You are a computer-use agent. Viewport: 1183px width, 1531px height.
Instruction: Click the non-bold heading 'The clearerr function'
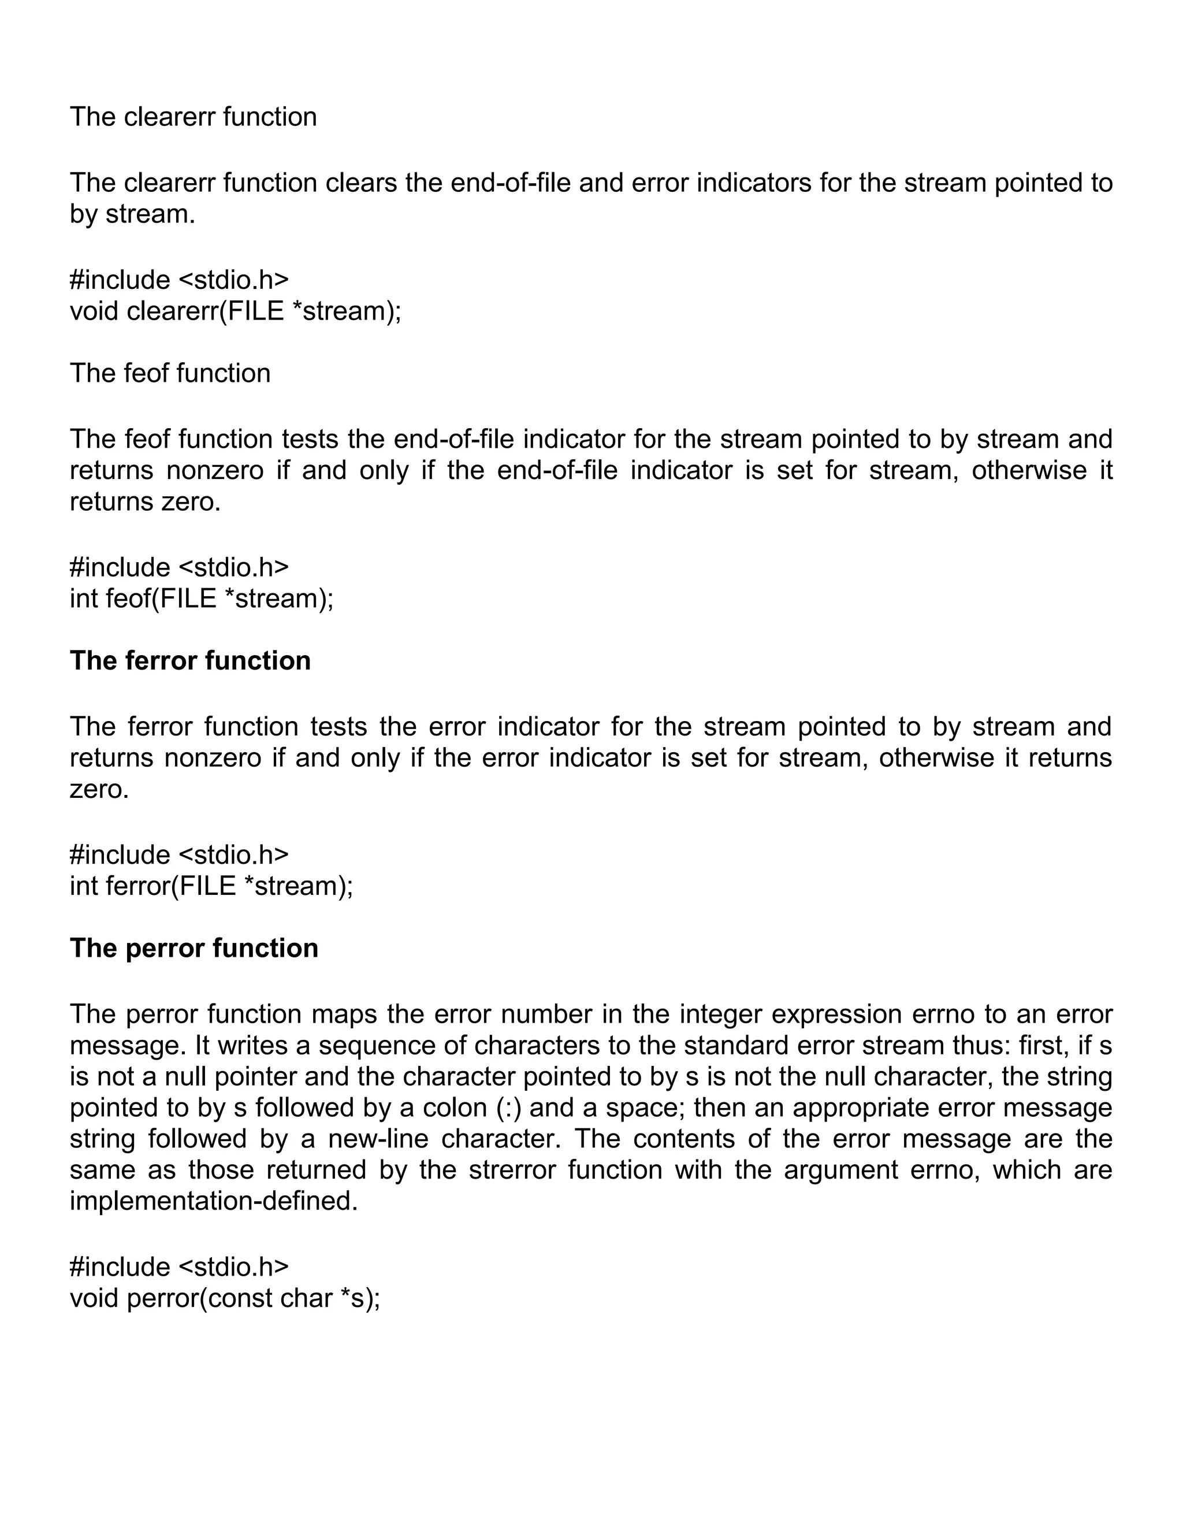pos(193,117)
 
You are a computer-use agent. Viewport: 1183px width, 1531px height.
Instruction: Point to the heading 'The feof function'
pos(170,374)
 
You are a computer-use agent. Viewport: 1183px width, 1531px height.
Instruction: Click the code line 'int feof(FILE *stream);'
pos(201,598)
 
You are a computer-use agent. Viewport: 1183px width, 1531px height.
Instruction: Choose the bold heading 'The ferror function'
pos(190,661)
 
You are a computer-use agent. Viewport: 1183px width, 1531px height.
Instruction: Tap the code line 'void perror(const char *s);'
pos(224,1298)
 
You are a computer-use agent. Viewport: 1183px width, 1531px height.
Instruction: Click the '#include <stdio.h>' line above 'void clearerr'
pos(178,280)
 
